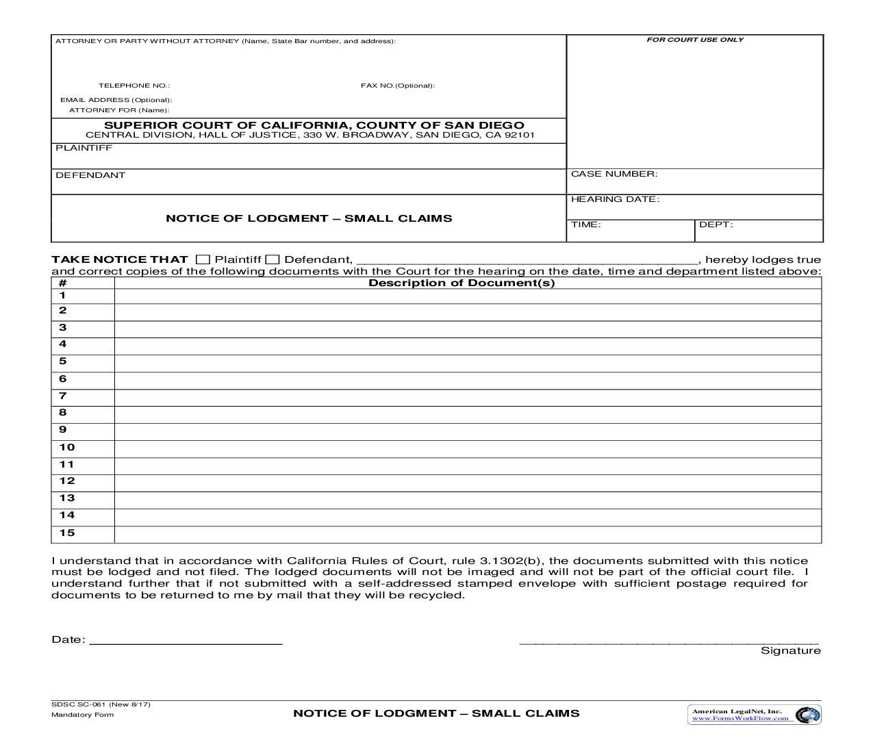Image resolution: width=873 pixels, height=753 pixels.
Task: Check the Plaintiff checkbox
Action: pos(203,259)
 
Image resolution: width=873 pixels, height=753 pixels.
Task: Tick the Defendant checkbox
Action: pos(273,259)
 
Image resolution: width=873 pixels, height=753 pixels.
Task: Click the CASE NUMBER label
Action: pos(613,174)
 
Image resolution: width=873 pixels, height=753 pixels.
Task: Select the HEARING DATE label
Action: pos(615,199)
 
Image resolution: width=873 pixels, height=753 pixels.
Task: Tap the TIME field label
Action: pos(585,225)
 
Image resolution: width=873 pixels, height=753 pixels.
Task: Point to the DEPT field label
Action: pos(716,225)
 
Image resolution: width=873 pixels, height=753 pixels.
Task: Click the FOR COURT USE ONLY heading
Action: pos(694,40)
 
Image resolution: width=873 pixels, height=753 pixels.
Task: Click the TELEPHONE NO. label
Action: pos(134,86)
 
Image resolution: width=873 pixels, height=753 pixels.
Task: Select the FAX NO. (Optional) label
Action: pos(398,86)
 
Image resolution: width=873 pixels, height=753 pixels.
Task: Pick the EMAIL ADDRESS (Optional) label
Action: pos(116,100)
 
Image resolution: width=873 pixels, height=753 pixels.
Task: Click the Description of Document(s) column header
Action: pos(461,283)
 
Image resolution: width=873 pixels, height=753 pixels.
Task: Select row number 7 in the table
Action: pos(63,396)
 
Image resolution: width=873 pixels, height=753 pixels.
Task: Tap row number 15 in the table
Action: pos(66,533)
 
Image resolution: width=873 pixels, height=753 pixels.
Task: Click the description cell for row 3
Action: pos(467,329)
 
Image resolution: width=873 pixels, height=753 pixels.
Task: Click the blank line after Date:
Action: pos(186,639)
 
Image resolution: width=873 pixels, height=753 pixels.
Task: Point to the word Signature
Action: pos(790,650)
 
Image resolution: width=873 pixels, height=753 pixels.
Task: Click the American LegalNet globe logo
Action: pos(810,715)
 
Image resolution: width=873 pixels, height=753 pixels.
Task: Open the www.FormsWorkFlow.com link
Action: pos(739,718)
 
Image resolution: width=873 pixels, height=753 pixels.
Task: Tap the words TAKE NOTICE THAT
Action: pos(119,259)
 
